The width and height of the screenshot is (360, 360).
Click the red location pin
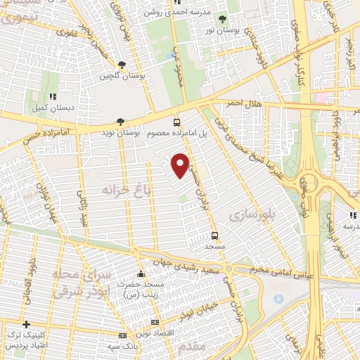point(181,165)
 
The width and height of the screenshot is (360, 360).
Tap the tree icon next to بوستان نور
point(223,19)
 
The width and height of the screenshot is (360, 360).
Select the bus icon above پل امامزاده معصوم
point(176,121)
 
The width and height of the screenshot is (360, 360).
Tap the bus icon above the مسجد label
point(214,236)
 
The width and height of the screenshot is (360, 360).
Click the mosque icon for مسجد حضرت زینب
point(141,274)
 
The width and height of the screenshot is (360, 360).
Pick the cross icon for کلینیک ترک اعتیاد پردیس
point(27,325)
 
